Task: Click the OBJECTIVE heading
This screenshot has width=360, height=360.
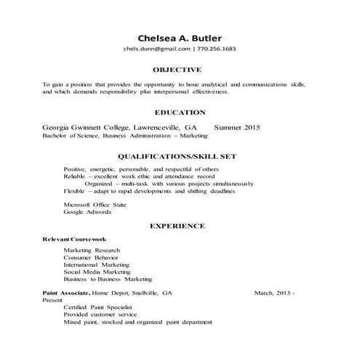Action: pos(177,70)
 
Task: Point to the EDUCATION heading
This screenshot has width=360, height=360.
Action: pos(180,113)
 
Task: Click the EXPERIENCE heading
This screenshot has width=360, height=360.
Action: pos(177,226)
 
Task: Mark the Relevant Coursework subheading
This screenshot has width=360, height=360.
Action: pos(74,239)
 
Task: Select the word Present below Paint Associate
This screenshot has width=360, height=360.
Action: pos(52,299)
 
